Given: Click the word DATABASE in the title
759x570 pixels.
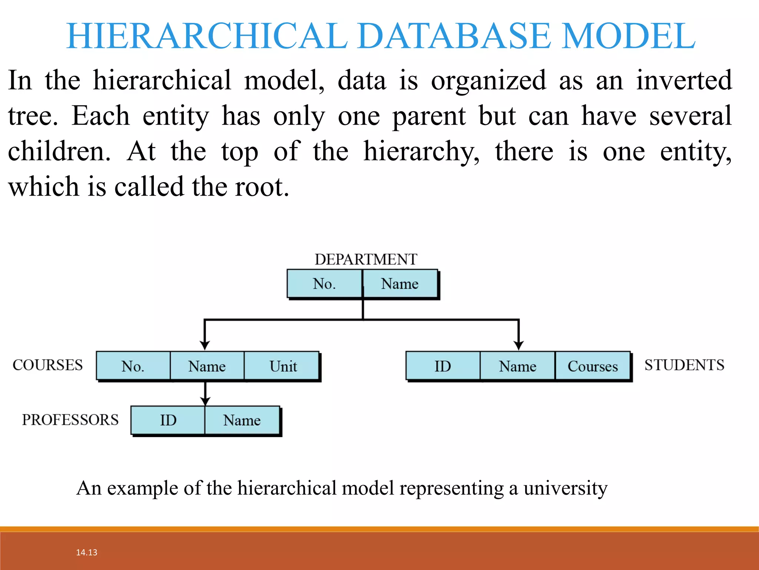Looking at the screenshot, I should pos(454,36).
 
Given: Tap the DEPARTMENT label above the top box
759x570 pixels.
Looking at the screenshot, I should pos(366,259).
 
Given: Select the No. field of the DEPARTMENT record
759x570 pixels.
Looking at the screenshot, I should pos(324,284).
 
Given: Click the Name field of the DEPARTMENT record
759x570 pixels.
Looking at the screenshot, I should pos(400,284).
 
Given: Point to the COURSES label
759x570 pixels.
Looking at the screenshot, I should pos(47,365).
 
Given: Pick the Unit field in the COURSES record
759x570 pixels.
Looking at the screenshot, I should pos(282,366).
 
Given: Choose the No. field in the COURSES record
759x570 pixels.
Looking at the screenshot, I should pos(133,366).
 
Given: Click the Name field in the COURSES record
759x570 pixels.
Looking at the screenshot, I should pos(207,366).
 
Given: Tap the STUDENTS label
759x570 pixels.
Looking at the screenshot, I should pos(684,365).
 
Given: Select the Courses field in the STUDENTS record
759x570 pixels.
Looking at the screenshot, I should pos(592,366).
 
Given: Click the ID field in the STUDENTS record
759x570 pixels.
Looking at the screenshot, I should pos(443,366).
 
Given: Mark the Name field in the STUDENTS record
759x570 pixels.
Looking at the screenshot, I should pos(517,366).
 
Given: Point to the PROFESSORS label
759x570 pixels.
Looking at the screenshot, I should pos(70,420).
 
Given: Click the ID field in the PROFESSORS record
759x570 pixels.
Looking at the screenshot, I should pos(168,420).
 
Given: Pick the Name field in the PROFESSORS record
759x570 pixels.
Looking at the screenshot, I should pos(242,420).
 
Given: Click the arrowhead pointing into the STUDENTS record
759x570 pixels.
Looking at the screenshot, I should pos(518,345).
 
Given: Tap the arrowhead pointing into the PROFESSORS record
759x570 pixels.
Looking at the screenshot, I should pos(205,401).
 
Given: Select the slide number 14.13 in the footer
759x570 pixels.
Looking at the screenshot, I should pos(86,552).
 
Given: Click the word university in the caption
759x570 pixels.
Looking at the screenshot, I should pos(565,488).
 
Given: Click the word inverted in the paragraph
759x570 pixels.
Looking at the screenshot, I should pos(684,80).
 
